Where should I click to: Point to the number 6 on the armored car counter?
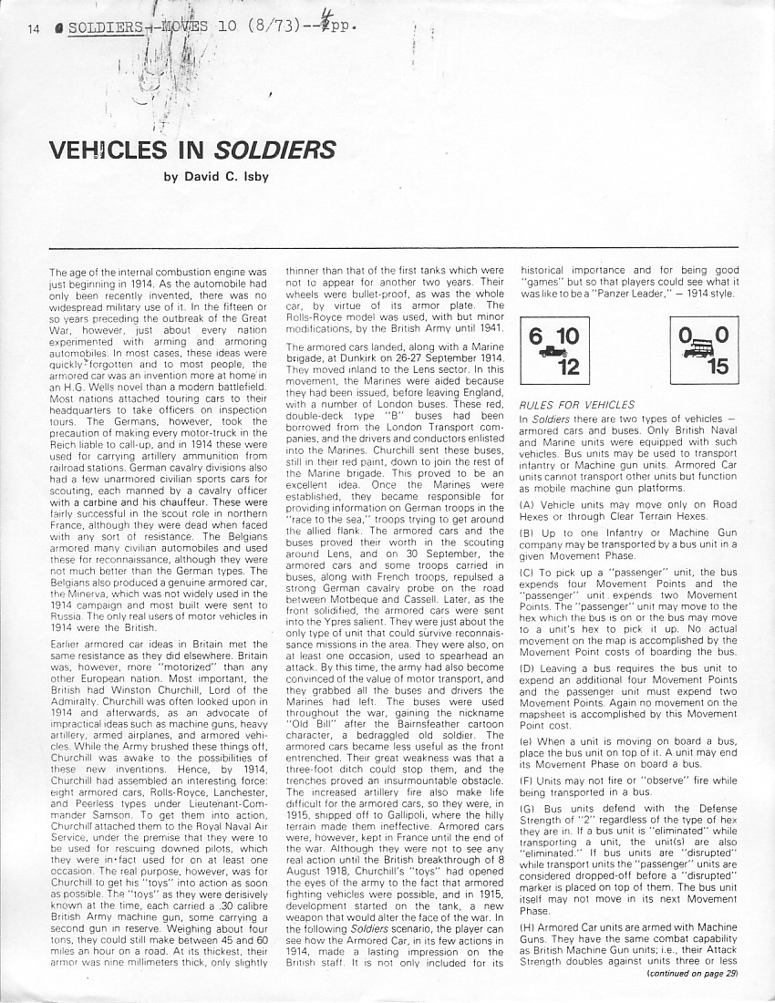point(536,336)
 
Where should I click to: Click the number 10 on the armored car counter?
point(569,336)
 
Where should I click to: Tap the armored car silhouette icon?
point(552,352)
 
